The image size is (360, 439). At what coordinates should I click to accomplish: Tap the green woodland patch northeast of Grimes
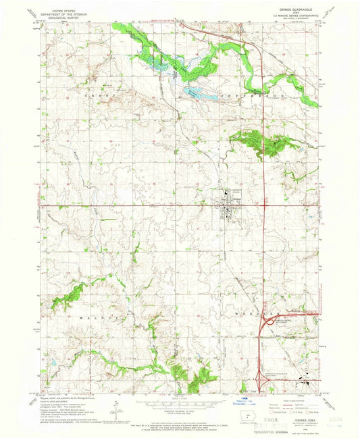coord(260,143)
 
